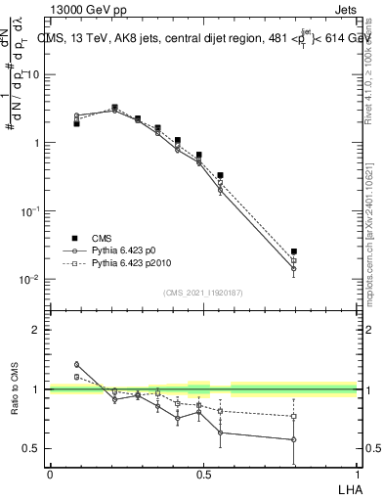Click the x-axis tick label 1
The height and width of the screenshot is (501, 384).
click(x=356, y=475)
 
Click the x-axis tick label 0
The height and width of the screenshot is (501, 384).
click(x=50, y=475)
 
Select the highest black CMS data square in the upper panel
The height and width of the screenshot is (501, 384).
click(x=114, y=108)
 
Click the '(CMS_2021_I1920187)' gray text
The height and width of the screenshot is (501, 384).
click(x=202, y=293)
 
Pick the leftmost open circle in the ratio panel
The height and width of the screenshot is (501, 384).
click(x=77, y=364)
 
